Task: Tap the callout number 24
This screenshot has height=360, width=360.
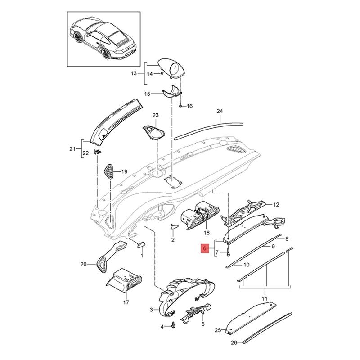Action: (220, 111)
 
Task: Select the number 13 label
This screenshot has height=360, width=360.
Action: (134, 73)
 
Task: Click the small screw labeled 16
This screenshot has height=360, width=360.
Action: (180, 106)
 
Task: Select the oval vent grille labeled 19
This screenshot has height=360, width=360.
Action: (109, 171)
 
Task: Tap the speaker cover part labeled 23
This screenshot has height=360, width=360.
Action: (154, 132)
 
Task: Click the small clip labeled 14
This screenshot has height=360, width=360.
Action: (161, 73)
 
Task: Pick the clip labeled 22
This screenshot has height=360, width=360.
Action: (98, 152)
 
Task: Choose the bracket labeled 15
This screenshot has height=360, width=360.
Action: (172, 91)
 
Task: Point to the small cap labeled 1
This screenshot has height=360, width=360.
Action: (140, 245)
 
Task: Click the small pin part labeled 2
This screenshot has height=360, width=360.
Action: (173, 226)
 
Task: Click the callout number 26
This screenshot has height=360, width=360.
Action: (234, 343)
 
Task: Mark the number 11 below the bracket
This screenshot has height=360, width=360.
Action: (265, 299)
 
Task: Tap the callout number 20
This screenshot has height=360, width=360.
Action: (84, 265)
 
